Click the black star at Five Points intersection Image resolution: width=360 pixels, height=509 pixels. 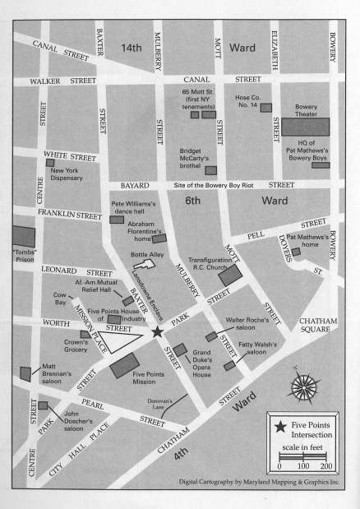click(x=156, y=331)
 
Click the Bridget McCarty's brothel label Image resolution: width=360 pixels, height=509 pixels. click(x=200, y=156)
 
